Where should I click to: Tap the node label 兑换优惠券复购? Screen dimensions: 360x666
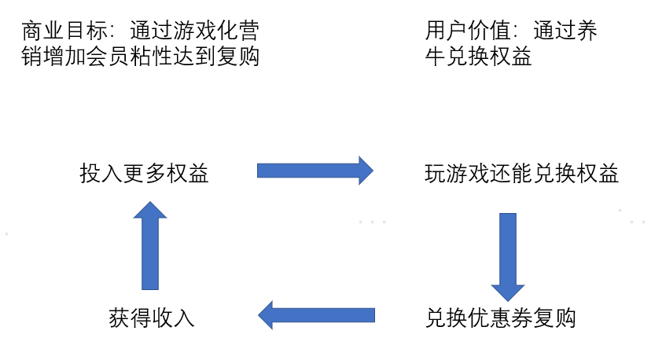pos(501,318)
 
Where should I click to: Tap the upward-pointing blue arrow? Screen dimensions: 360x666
pos(150,244)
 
